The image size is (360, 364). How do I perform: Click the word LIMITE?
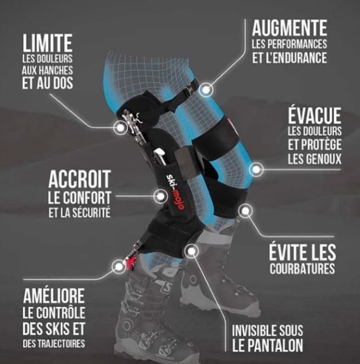(47, 43)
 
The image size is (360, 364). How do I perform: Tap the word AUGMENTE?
(290, 28)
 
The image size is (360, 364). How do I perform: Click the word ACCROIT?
(79, 178)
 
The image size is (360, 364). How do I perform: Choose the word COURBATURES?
(302, 269)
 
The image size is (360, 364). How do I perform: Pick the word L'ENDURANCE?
(297, 57)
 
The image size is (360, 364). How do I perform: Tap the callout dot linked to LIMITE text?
(121, 128)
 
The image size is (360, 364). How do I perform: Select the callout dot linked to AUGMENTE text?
(206, 90)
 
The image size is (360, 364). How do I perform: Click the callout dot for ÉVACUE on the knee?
(256, 170)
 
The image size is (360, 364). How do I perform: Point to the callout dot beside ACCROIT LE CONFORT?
(160, 196)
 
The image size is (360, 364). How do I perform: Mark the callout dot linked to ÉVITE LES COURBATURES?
(245, 210)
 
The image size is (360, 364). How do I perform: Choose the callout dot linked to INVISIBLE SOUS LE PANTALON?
(192, 251)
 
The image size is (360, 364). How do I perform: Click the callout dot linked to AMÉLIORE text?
(118, 266)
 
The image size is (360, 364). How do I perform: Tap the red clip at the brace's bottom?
(131, 262)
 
